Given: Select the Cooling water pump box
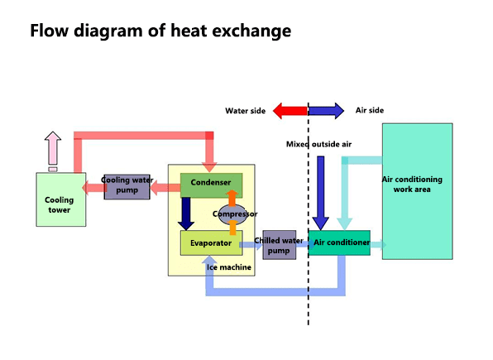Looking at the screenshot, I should point(127,186).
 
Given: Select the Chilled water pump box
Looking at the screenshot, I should point(279,244).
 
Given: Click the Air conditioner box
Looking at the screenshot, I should point(339,242).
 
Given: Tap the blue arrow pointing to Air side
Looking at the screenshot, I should point(326,110).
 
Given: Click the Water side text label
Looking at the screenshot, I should point(245,110).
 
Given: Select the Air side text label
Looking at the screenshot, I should point(369,110).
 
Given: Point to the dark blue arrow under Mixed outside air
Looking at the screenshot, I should point(321,190).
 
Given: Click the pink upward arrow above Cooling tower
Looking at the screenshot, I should point(52,149).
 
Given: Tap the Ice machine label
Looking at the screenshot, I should point(230,267).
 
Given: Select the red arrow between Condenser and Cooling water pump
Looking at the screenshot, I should point(166,187).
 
